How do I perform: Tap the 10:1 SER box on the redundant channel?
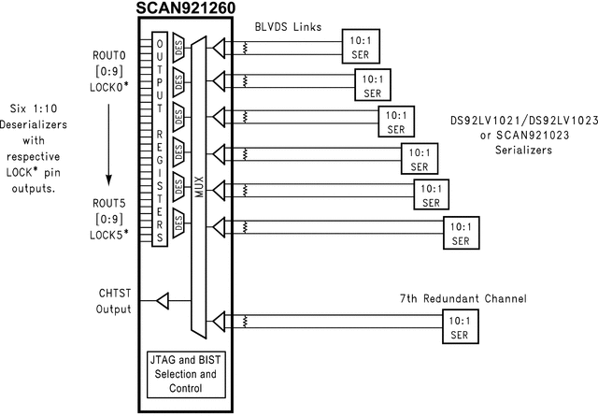pyautogui.click(x=459, y=325)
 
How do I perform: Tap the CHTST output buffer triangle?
pyautogui.click(x=162, y=301)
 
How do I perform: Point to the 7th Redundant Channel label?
pyautogui.click(x=462, y=298)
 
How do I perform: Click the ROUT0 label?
pyautogui.click(x=104, y=56)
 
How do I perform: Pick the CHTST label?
pyautogui.click(x=113, y=294)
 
